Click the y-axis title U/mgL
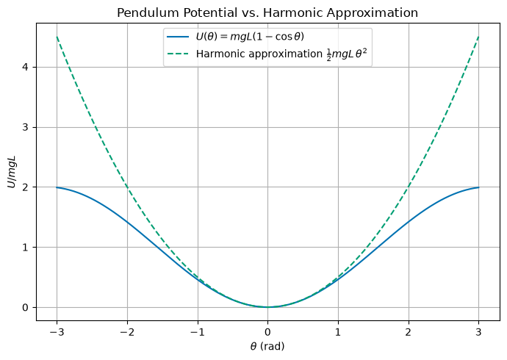click(12, 172)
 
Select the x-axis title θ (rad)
click(267, 347)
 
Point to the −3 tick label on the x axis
click(57, 332)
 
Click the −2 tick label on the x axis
click(127, 332)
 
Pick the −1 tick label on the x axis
click(198, 332)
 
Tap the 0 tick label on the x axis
click(267, 332)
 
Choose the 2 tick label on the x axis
click(409, 332)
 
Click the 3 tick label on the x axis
click(479, 332)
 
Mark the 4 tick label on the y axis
click(25, 67)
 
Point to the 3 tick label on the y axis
click(25, 127)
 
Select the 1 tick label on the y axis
click(25, 247)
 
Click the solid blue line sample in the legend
click(178, 37)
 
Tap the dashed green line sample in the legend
click(178, 54)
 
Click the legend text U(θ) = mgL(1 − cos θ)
click(250, 37)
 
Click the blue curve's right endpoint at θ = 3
click(479, 187)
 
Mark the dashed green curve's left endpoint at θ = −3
click(57, 37)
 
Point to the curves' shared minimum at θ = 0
click(267, 307)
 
